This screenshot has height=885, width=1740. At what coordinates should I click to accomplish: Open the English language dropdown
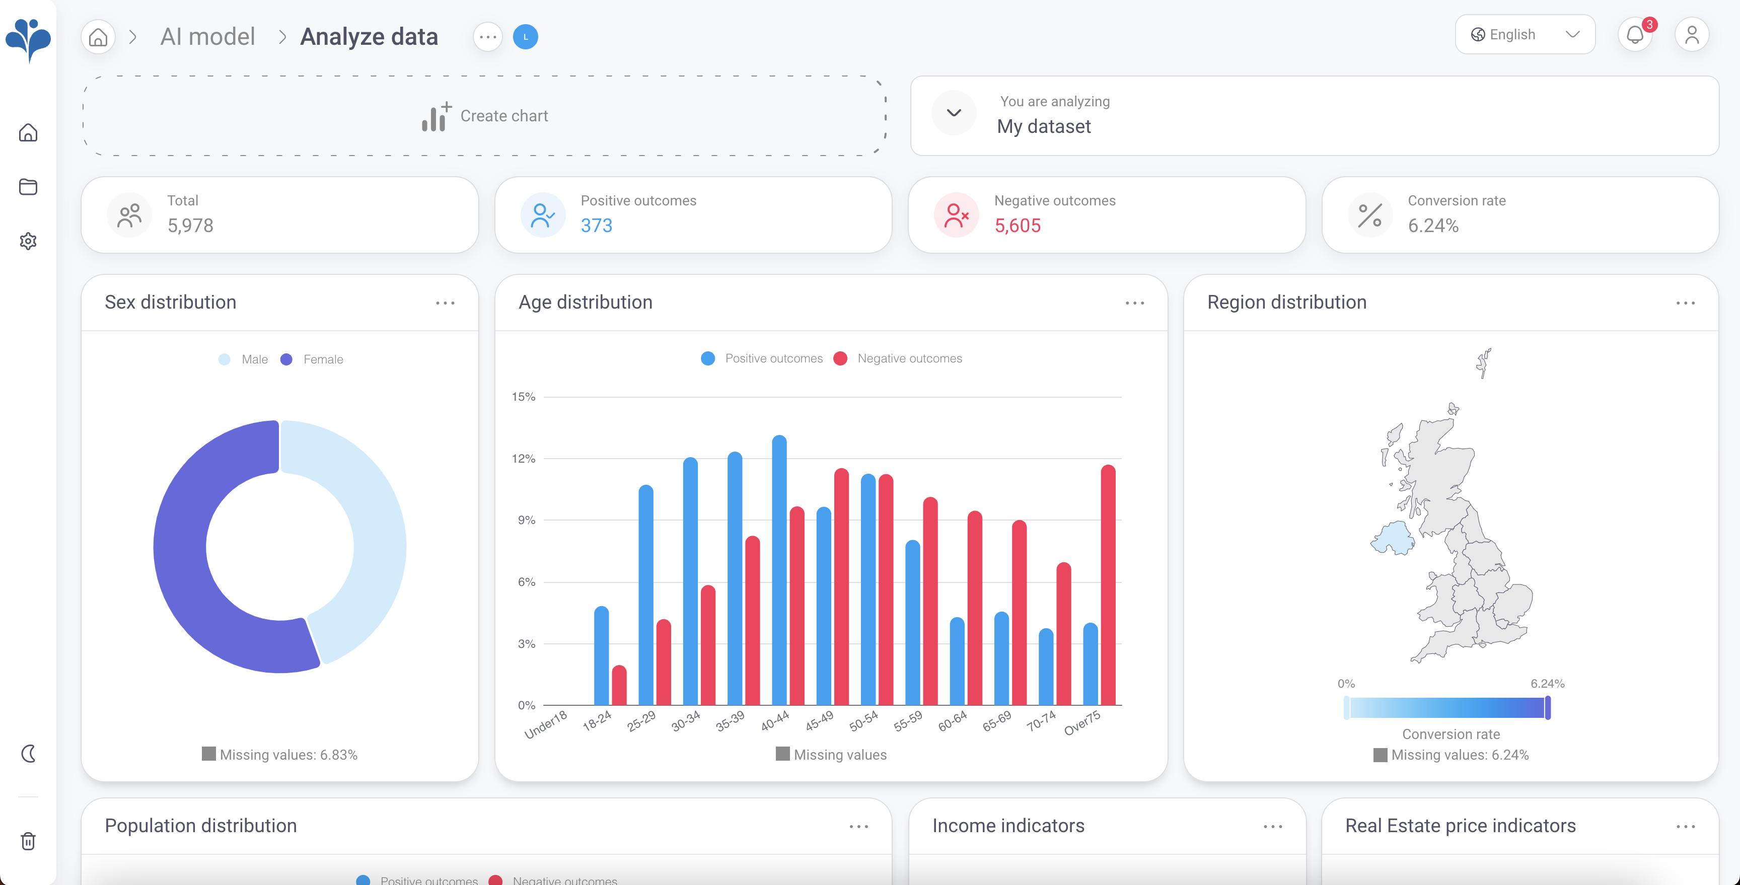[1525, 34]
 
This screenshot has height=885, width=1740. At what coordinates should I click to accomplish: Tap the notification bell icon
[1635, 34]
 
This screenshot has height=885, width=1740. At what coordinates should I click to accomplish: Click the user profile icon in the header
[1691, 34]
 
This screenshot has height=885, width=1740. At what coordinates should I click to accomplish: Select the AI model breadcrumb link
[207, 36]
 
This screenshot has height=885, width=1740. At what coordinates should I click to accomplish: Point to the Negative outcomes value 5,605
[1017, 226]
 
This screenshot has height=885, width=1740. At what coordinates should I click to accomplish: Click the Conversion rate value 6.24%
[1433, 226]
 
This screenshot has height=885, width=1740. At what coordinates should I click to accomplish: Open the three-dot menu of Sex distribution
[445, 304]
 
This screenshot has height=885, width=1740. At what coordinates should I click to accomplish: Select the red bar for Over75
[1108, 584]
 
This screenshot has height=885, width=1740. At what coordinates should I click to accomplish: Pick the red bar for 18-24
[619, 685]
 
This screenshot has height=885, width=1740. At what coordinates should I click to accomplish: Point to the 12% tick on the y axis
[524, 459]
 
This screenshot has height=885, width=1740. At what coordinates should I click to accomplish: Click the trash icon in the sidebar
[28, 841]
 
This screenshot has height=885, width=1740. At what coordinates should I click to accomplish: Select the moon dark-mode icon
[28, 753]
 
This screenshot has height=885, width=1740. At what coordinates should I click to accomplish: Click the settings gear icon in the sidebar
[28, 241]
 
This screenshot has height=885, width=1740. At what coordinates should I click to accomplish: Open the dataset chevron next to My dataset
[953, 113]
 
